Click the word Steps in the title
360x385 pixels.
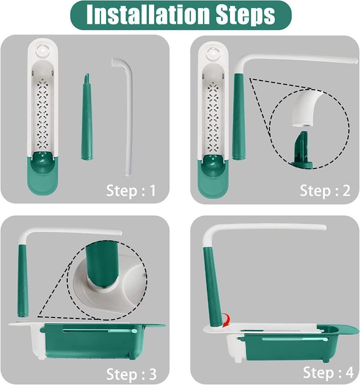coord(246,15)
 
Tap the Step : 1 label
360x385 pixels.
coord(131,190)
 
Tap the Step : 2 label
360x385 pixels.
coord(325,190)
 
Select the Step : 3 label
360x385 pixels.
coord(131,374)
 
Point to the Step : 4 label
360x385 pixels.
coord(328,373)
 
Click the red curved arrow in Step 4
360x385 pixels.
coord(226,320)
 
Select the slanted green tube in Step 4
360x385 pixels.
coord(213,287)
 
